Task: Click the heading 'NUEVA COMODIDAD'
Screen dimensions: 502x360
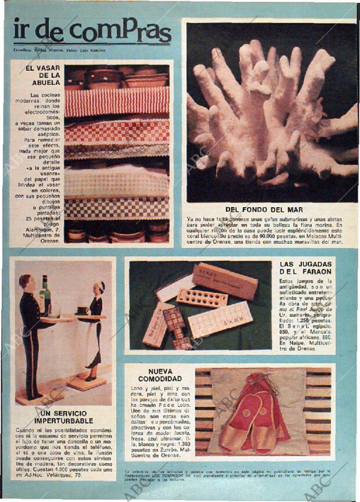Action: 160,375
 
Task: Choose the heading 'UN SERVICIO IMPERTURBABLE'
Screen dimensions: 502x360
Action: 63,416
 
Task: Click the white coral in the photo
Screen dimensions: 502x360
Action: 270,116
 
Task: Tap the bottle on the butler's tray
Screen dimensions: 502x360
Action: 45,296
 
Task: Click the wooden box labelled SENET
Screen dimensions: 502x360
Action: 225,281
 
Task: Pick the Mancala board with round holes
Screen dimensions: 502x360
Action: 201,298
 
